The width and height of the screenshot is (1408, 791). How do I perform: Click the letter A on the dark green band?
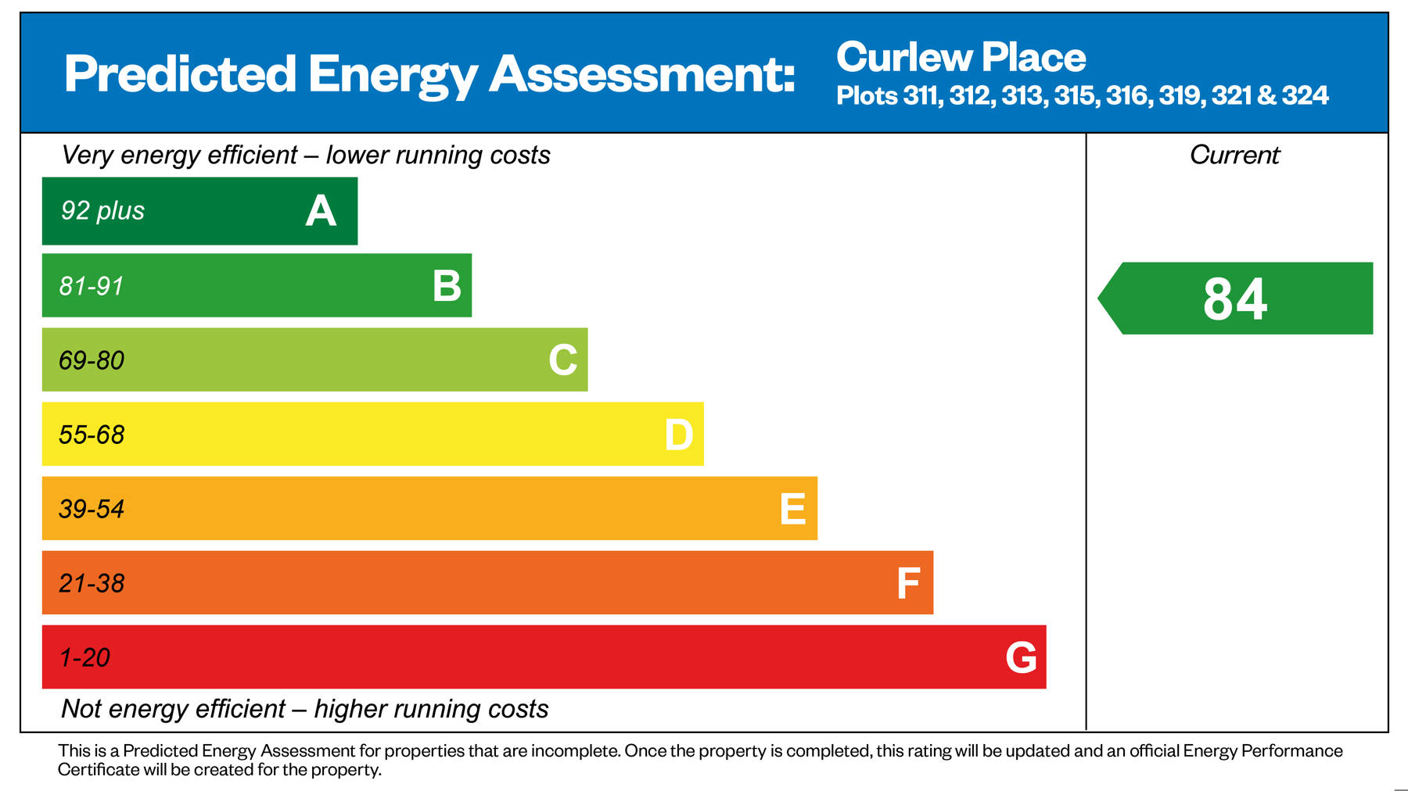[x=321, y=211]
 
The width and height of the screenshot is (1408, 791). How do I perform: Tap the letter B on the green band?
[x=447, y=286]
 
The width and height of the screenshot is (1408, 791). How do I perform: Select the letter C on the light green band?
[x=562, y=360]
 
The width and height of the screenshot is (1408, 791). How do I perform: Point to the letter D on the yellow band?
[x=678, y=435]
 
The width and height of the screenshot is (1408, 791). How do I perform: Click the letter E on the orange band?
[x=792, y=509]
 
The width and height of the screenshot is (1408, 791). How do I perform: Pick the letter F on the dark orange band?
[x=907, y=583]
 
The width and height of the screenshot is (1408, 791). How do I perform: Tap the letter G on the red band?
[x=1021, y=657]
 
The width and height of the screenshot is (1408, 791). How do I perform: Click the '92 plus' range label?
[x=102, y=211]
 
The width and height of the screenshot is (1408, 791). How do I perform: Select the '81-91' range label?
[x=92, y=286]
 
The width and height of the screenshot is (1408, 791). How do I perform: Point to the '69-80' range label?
[x=92, y=360]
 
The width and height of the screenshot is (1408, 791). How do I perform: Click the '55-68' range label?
[x=92, y=435]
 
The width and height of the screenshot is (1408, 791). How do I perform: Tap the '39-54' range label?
[x=92, y=509]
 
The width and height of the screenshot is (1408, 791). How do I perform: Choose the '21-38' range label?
[x=92, y=583]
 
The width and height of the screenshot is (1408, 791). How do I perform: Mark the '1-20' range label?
[x=84, y=657]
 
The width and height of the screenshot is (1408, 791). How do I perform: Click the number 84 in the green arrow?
[x=1234, y=299]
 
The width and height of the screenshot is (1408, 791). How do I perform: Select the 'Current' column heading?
[x=1234, y=155]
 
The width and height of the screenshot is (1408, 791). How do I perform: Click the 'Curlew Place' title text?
[x=961, y=58]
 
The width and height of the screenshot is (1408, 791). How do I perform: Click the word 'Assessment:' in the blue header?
[x=642, y=74]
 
